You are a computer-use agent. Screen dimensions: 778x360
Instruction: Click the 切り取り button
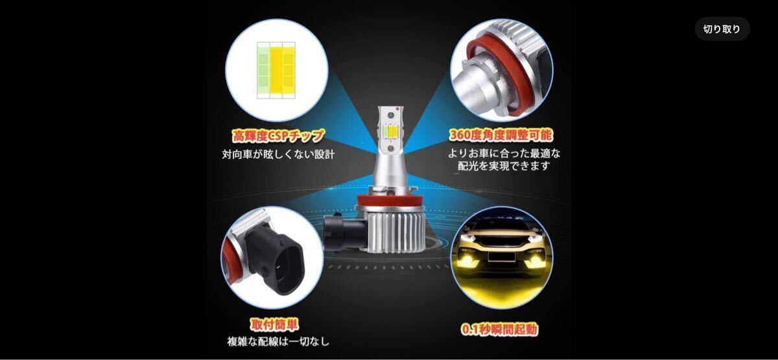click(722, 29)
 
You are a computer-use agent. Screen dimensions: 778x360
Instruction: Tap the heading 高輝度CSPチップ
click(278, 136)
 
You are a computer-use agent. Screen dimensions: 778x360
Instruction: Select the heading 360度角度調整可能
click(501, 135)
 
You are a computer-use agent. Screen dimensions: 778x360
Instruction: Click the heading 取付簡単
click(274, 325)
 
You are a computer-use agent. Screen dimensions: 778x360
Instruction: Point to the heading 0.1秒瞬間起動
click(499, 329)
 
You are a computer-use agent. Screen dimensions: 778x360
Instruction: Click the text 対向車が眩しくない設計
click(278, 154)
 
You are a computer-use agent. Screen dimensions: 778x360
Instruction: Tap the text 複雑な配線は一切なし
click(278, 342)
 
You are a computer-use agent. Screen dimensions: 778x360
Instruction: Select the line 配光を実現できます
click(504, 166)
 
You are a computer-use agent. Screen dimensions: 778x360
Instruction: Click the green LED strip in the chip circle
click(264, 70)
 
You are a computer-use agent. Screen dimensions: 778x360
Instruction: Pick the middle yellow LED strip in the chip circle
click(276, 70)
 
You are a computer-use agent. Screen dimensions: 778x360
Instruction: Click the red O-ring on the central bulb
click(390, 200)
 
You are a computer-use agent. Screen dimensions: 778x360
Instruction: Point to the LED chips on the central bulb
click(390, 132)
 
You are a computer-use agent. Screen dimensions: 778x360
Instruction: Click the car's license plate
click(501, 256)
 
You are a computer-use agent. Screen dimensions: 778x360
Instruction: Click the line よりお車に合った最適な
click(504, 153)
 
